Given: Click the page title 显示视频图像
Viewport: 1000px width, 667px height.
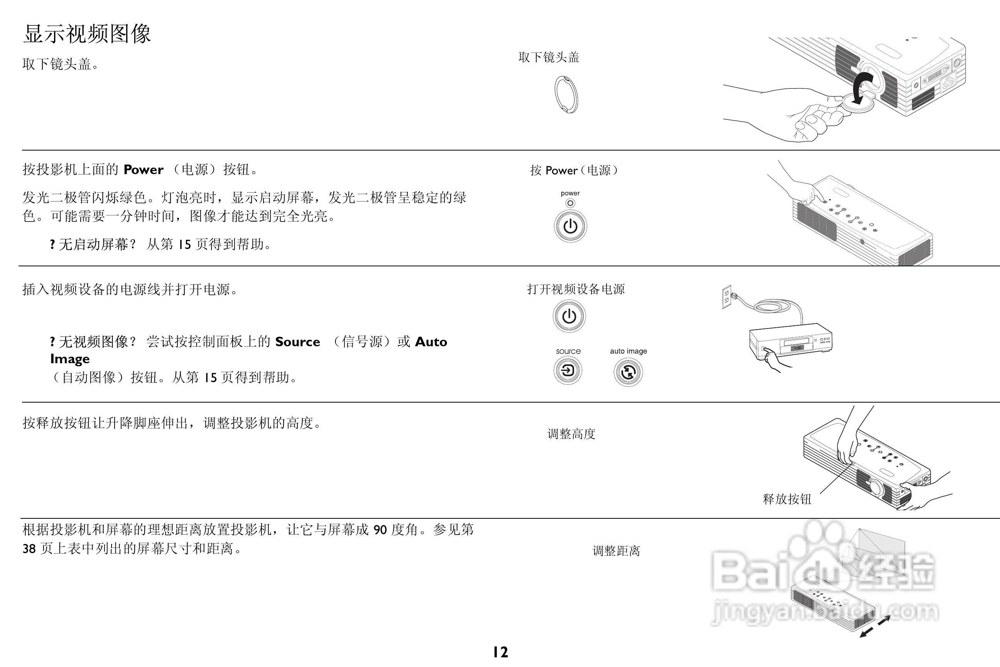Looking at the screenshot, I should (x=87, y=34).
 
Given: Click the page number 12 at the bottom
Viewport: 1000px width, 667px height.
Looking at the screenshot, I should (x=500, y=652).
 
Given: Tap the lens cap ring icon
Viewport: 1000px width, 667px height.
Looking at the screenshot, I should (x=566, y=95).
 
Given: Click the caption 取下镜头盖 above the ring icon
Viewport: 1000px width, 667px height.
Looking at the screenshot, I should (x=549, y=58).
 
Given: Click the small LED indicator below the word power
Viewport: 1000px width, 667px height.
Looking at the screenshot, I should (x=570, y=203).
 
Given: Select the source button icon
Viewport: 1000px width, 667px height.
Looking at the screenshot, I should (x=568, y=371).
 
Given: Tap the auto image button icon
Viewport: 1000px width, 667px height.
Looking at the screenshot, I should (x=628, y=372).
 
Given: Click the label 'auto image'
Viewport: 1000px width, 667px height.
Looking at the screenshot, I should (x=628, y=351).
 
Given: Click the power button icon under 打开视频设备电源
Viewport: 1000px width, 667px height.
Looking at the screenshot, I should (x=569, y=316).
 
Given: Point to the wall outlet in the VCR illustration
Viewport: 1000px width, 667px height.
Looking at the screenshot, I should (x=726, y=296).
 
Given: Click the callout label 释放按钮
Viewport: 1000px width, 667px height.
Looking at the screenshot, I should (x=787, y=499).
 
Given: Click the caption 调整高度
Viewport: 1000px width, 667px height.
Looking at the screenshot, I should (x=571, y=434).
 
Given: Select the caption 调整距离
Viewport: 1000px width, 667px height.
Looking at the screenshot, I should (x=616, y=551).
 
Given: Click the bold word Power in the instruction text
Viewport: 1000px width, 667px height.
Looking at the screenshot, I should (x=143, y=170).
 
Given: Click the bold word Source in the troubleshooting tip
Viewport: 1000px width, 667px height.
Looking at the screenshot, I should (x=297, y=342).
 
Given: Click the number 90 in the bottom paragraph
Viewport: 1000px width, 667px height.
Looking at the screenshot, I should (x=380, y=530).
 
